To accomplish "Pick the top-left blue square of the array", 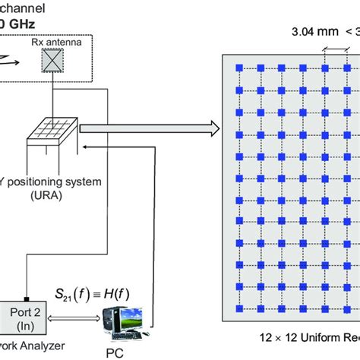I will (x=239, y=68).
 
